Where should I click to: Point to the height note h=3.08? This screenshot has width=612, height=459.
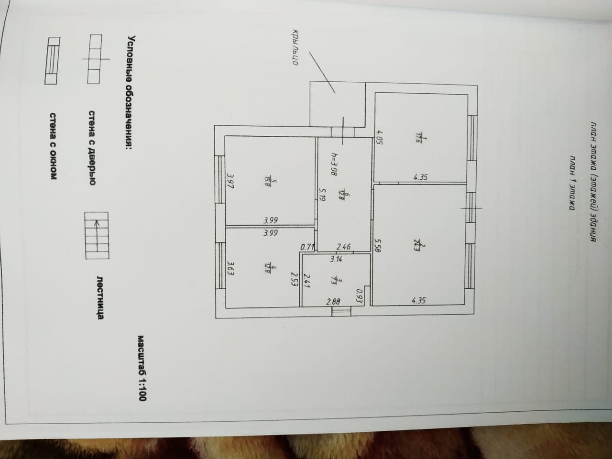(x=334, y=164)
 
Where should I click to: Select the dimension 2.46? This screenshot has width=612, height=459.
(x=343, y=247)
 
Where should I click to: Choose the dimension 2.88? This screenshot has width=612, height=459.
(x=333, y=301)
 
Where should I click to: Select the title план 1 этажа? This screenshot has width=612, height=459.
(x=570, y=182)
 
